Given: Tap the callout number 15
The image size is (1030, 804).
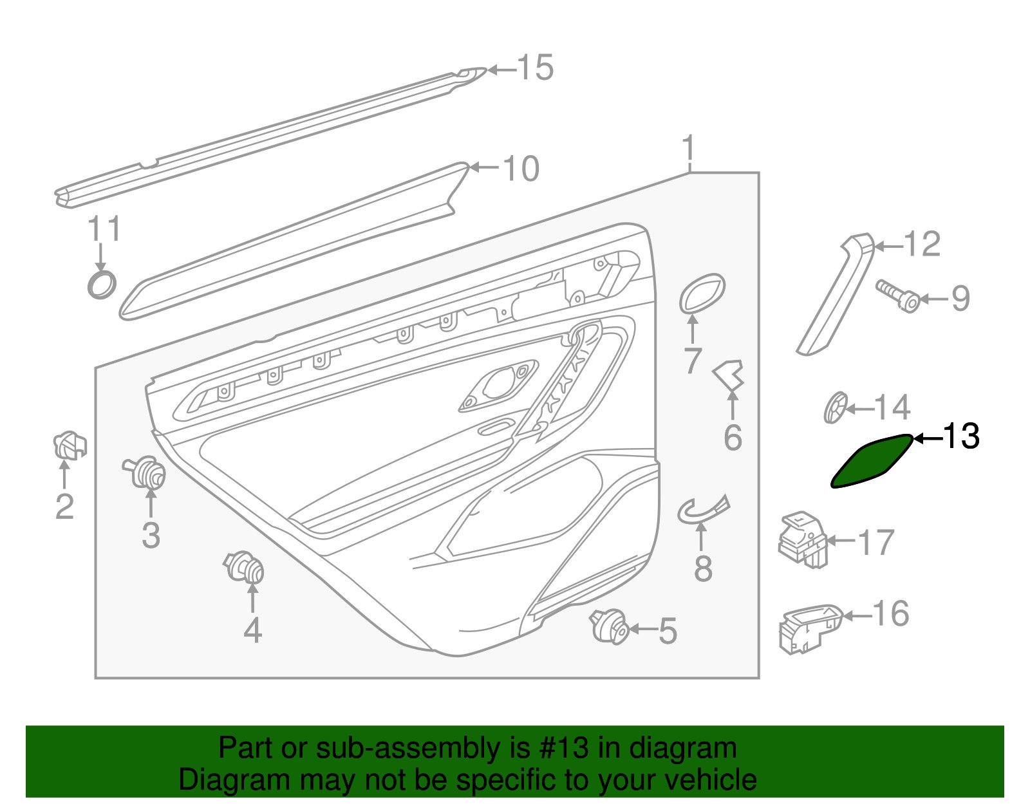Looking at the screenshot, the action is (535, 68).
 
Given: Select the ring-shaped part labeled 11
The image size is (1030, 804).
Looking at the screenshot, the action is (102, 285).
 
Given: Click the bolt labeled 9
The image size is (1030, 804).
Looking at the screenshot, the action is (898, 296).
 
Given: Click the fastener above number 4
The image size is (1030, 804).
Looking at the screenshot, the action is (244, 566).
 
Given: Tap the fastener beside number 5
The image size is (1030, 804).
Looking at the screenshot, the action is (609, 626).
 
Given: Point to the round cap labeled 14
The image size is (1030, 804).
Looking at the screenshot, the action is (835, 407).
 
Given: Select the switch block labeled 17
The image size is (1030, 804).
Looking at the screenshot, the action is (803, 539).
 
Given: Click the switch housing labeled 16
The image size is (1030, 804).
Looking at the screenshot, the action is (810, 629).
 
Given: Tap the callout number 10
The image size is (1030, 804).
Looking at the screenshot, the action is (521, 169).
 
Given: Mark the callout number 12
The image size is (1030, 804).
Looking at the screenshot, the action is (922, 244).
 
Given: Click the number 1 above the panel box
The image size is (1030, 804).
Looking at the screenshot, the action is (689, 148).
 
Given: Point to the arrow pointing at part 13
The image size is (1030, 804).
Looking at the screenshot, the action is (928, 439).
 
